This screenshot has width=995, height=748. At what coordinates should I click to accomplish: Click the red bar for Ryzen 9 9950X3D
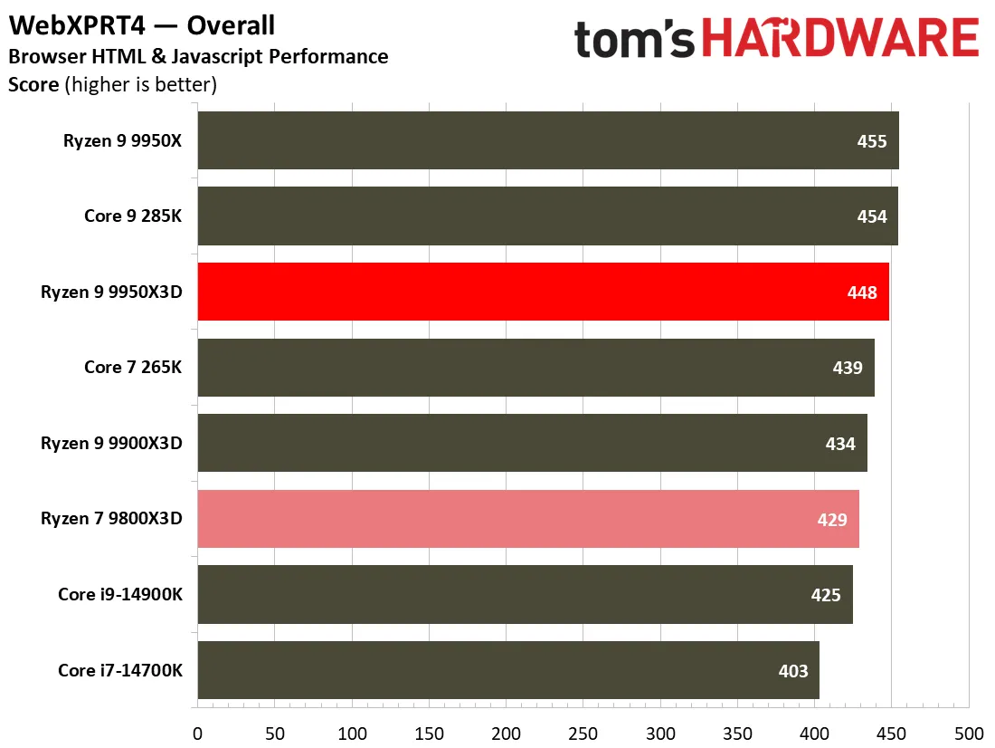point(544,292)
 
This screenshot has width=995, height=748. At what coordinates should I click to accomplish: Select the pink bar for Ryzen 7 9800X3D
point(528,519)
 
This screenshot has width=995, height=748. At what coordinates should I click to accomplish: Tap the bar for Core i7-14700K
point(508,670)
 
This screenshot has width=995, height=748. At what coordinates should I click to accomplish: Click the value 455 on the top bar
point(871,141)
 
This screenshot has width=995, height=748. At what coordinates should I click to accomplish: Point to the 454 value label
point(871,216)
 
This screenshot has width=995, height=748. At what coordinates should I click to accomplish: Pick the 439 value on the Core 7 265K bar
point(848,368)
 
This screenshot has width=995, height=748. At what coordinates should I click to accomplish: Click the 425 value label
point(826,595)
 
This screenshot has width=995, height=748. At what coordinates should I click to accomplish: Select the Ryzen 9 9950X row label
point(122,140)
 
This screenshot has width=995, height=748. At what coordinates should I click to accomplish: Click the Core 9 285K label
point(133,216)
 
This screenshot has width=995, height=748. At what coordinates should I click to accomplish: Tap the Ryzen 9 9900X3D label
point(111,443)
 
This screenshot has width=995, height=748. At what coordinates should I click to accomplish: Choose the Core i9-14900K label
point(120,594)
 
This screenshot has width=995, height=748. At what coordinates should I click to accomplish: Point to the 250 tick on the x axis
point(583,734)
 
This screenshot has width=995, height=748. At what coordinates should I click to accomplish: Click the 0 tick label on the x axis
point(197,734)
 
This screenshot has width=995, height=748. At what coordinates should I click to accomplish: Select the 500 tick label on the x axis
point(969,734)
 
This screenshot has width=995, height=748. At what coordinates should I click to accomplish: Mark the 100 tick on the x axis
point(352,734)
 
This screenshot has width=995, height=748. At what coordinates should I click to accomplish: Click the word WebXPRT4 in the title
point(77,25)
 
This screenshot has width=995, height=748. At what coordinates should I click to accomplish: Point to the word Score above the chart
point(33,84)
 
